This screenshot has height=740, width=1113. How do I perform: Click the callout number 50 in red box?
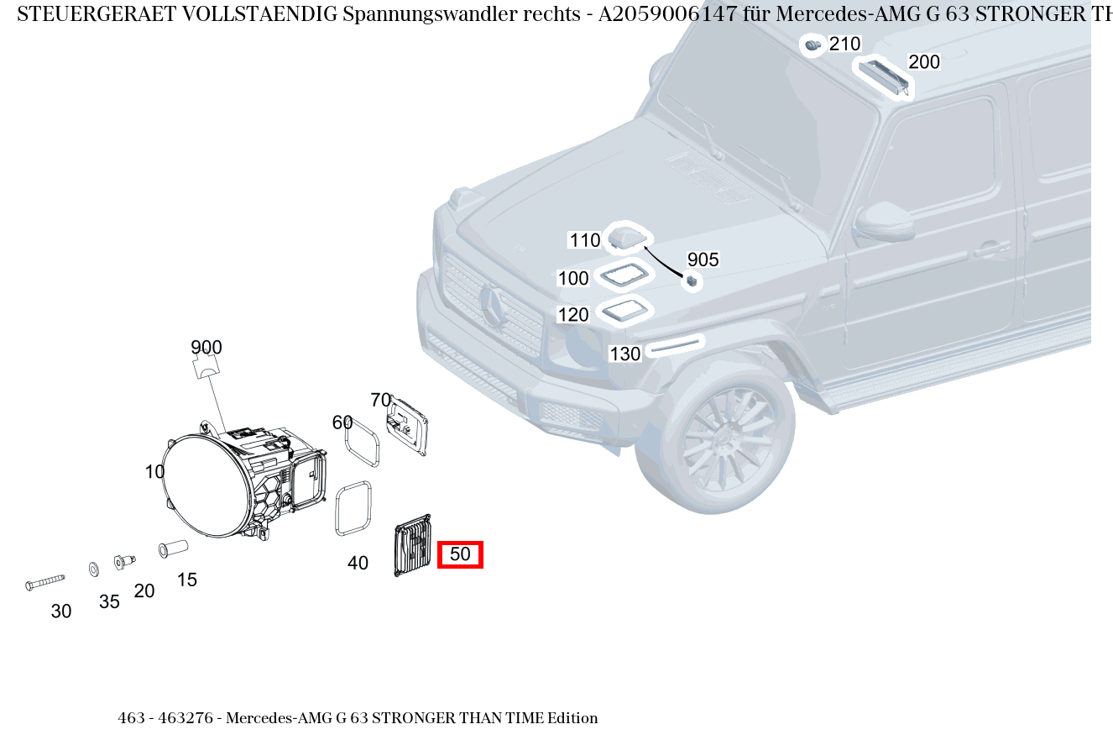pyautogui.click(x=460, y=554)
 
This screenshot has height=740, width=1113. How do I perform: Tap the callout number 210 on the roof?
pyautogui.click(x=844, y=45)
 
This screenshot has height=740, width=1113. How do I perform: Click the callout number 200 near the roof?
pyautogui.click(x=924, y=62)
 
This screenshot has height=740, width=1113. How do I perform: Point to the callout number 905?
pyautogui.click(x=703, y=260)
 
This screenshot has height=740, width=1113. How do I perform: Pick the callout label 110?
pyautogui.click(x=585, y=240)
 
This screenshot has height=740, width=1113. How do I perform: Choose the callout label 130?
pyautogui.click(x=624, y=354)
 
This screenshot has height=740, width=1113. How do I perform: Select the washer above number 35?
pyautogui.click(x=93, y=569)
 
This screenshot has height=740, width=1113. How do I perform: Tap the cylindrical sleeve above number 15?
pyautogui.click(x=173, y=548)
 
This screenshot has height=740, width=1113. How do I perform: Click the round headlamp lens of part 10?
pyautogui.click(x=206, y=482)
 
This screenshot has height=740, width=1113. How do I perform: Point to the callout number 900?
pyautogui.click(x=206, y=348)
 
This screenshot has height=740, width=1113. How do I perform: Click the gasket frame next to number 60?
pyautogui.click(x=362, y=443)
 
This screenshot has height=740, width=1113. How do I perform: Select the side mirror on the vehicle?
pyautogui.click(x=884, y=221)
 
